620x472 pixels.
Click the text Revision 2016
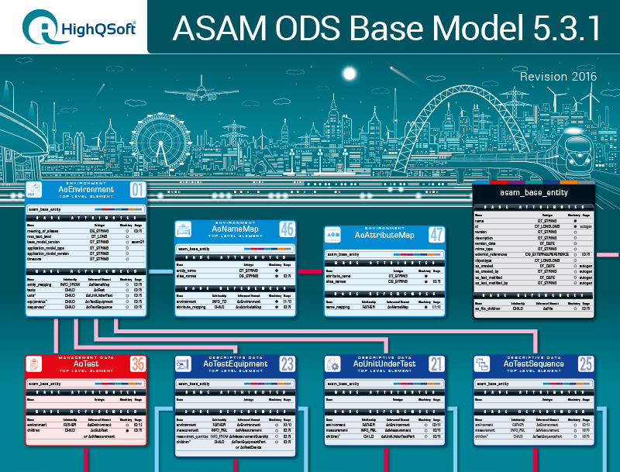coord(558,77)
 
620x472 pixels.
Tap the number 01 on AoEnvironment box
coord(137,189)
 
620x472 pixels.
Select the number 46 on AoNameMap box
coord(286,229)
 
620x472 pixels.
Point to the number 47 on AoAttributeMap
coord(436,234)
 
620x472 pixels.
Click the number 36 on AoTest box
coord(137,363)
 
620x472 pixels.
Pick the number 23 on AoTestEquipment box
coord(287,363)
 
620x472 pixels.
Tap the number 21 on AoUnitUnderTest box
coord(436,363)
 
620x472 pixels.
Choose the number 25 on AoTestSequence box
coord(586,363)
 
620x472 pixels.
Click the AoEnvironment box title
coord(86,189)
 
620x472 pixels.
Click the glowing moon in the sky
coord(349,74)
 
